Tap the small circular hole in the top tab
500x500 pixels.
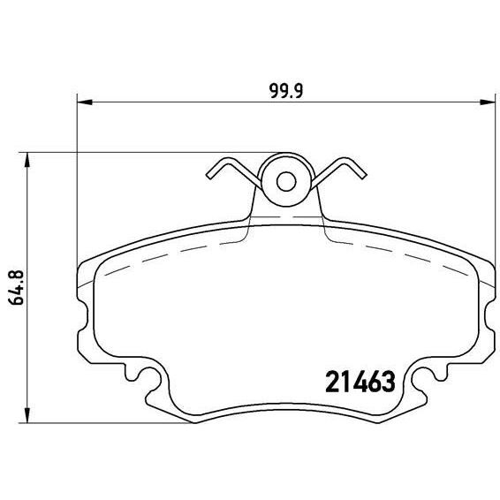285,181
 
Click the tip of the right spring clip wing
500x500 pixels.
361,170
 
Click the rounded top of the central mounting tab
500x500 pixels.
285,156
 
